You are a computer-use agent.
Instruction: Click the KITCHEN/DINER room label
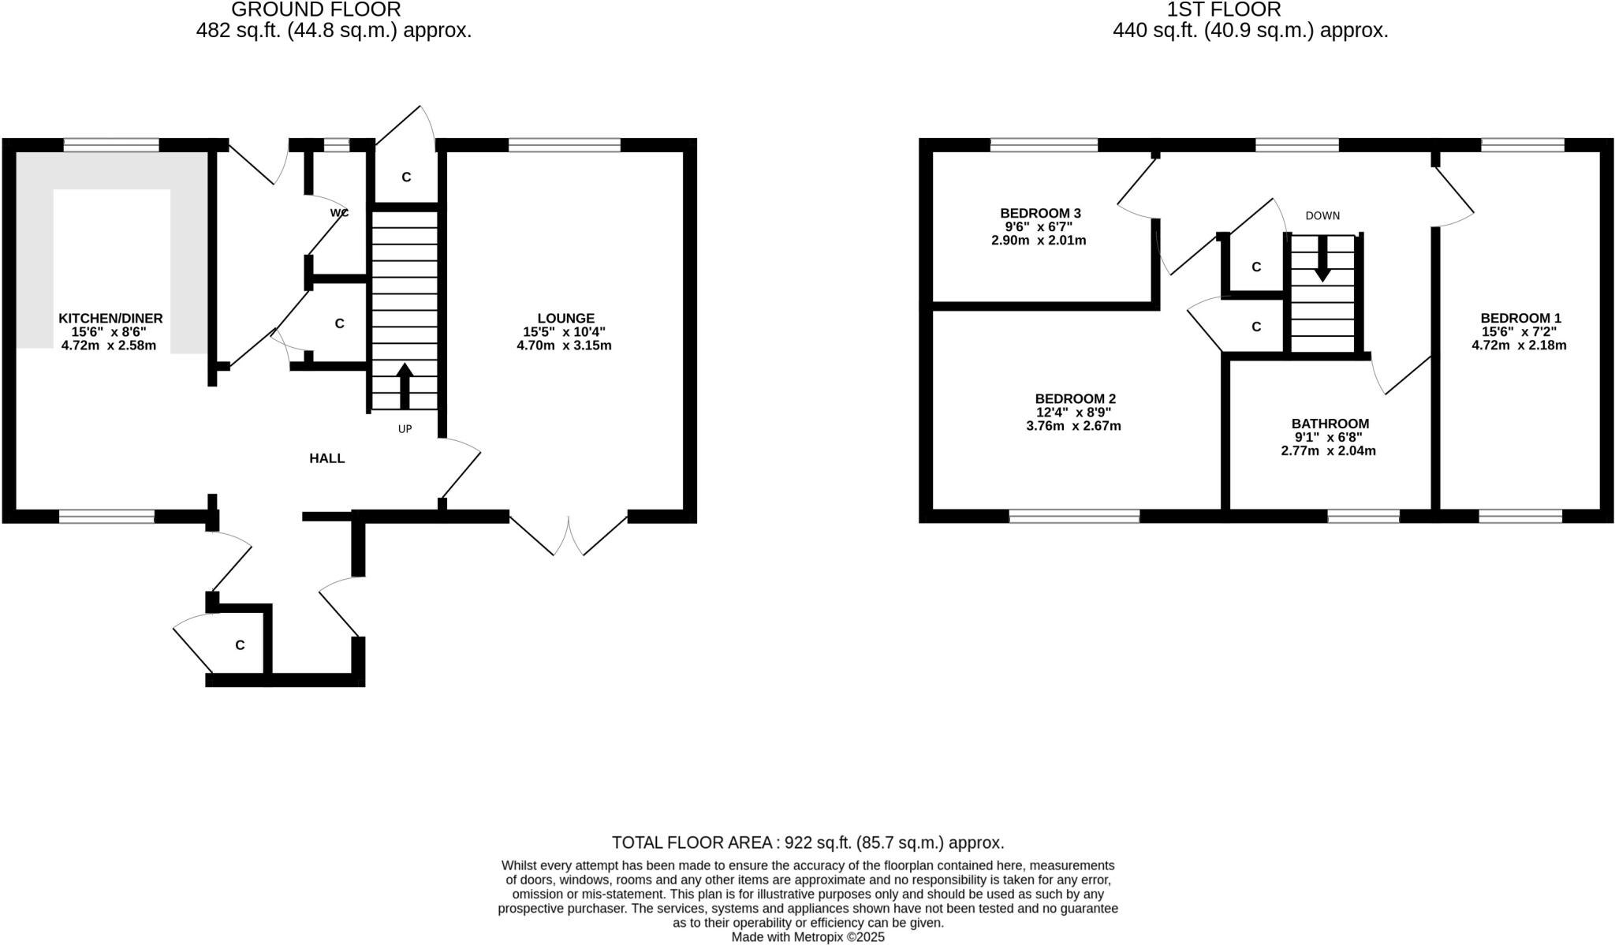tap(110, 319)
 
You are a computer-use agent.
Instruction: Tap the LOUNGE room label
tap(565, 319)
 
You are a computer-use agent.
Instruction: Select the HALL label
tap(326, 458)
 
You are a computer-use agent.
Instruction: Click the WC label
tap(339, 213)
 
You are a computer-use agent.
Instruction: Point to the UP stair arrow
tap(405, 386)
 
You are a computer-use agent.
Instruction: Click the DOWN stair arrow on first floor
tap(1322, 258)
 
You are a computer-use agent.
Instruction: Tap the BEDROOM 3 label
tap(1040, 213)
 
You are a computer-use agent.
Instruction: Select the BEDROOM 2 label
tap(1075, 399)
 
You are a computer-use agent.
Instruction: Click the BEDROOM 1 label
tap(1520, 319)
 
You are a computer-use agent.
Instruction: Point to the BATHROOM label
tap(1330, 424)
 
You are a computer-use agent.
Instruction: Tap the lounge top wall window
tap(565, 145)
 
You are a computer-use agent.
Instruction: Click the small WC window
tap(337, 145)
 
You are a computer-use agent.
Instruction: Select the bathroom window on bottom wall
tap(1363, 517)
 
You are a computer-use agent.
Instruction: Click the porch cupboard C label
tap(240, 645)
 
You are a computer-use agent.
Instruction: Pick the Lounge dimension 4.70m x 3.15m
tap(564, 346)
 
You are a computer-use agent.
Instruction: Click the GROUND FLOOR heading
tap(316, 10)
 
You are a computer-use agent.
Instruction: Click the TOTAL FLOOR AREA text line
tap(807, 842)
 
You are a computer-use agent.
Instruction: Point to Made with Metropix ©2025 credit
tap(807, 937)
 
